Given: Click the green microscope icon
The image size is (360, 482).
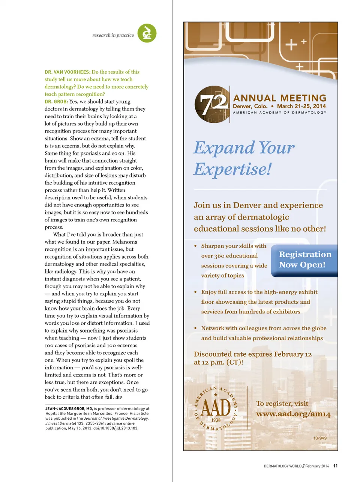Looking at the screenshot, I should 147,33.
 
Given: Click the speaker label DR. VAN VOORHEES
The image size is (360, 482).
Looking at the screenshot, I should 67,72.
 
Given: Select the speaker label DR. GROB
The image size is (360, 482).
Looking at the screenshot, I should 56,102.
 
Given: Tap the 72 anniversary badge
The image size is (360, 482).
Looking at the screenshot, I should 212,104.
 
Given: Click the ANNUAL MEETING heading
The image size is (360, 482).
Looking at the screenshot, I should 280,98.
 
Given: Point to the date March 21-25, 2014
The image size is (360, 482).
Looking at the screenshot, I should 301,106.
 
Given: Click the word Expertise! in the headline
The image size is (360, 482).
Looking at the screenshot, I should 232,169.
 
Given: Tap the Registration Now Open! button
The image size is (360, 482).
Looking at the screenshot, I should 304,260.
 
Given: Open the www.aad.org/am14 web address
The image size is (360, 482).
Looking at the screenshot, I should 293,414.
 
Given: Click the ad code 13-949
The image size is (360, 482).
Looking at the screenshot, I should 320,438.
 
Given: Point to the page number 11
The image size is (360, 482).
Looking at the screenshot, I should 335,466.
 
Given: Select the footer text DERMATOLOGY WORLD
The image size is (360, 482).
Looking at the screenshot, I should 283,466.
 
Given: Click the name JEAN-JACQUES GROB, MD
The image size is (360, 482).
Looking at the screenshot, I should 69,409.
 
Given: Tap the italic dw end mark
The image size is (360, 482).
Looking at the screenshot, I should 118,397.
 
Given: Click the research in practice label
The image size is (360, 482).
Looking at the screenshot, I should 113,35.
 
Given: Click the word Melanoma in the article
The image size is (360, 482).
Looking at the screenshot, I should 125,242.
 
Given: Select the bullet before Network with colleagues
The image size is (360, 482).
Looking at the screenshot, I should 195,328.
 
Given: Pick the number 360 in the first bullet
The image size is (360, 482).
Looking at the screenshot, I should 219,256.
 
